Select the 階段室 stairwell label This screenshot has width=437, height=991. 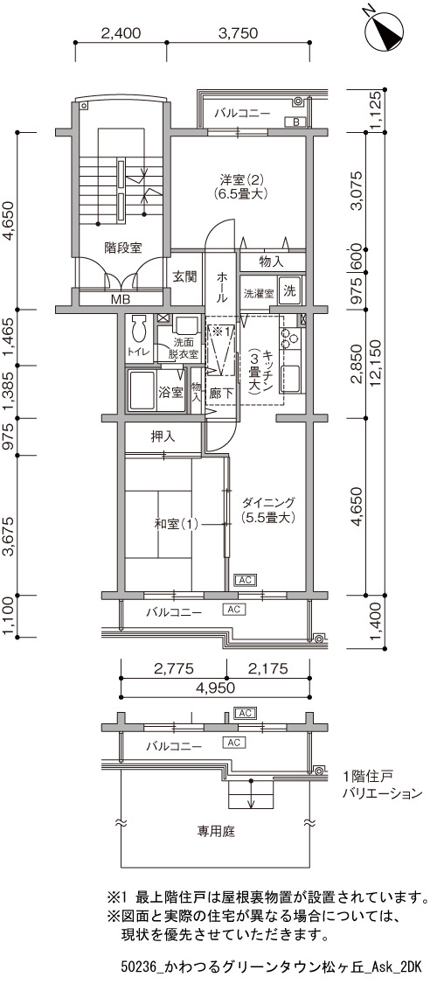pyautogui.click(x=123, y=248)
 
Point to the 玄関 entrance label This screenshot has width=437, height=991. pyautogui.click(x=184, y=276)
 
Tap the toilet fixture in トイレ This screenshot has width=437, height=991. pyautogui.click(x=138, y=330)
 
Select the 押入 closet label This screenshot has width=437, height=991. pyautogui.click(x=163, y=436)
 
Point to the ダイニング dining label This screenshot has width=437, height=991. pyautogui.click(x=268, y=504)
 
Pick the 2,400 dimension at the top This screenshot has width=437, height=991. pyautogui.click(x=121, y=33)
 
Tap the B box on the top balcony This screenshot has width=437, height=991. pyautogui.click(x=296, y=122)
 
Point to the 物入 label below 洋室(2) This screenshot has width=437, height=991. pyautogui.click(x=271, y=261)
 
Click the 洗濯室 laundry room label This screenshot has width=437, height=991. pyautogui.click(x=259, y=294)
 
